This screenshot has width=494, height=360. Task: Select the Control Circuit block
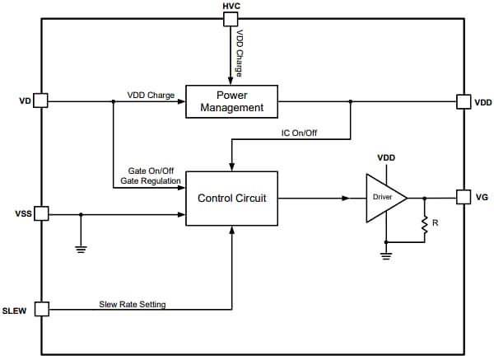pyautogui.click(x=231, y=198)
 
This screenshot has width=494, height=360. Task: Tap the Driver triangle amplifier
pyautogui.click(x=384, y=198)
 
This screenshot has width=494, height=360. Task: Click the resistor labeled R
pyautogui.click(x=425, y=223)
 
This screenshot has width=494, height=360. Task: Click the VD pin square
pyautogui.click(x=40, y=101)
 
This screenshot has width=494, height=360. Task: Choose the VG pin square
pyautogui.click(x=464, y=198)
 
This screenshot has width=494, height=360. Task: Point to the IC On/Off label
pyautogui.click(x=300, y=132)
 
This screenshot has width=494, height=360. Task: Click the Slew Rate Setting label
pyautogui.click(x=133, y=304)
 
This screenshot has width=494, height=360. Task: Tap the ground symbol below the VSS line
pyautogui.click(x=81, y=248)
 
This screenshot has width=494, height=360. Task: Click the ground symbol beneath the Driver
pyautogui.click(x=385, y=255)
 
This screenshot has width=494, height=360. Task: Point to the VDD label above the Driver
pyautogui.click(x=387, y=157)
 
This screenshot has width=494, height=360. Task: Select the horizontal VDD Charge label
pyautogui.click(x=151, y=95)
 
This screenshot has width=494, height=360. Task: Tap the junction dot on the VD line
pyautogui.click(x=113, y=101)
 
